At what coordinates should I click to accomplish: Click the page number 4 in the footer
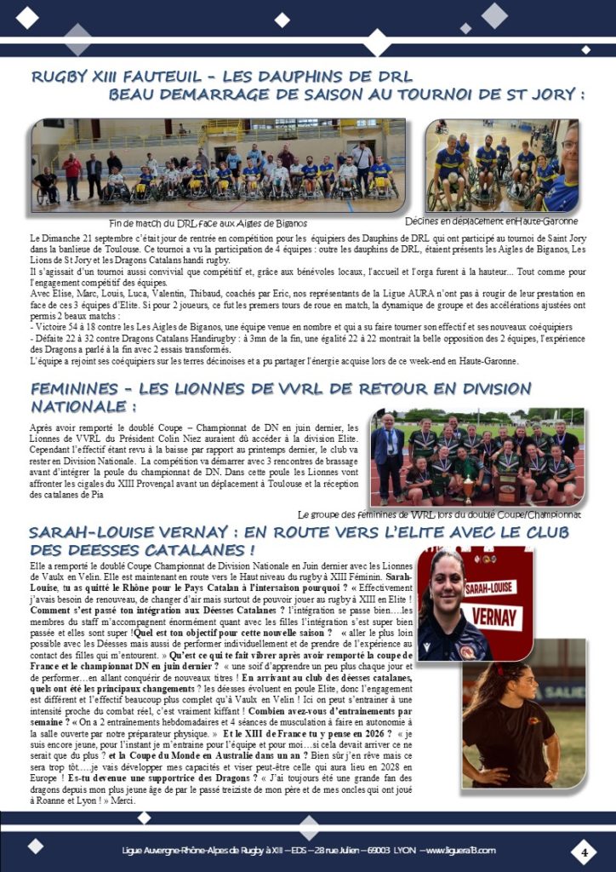coord(585,851)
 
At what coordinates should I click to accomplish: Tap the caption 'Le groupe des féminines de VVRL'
coord(440,514)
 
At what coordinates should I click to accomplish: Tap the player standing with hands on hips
coord(510,715)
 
